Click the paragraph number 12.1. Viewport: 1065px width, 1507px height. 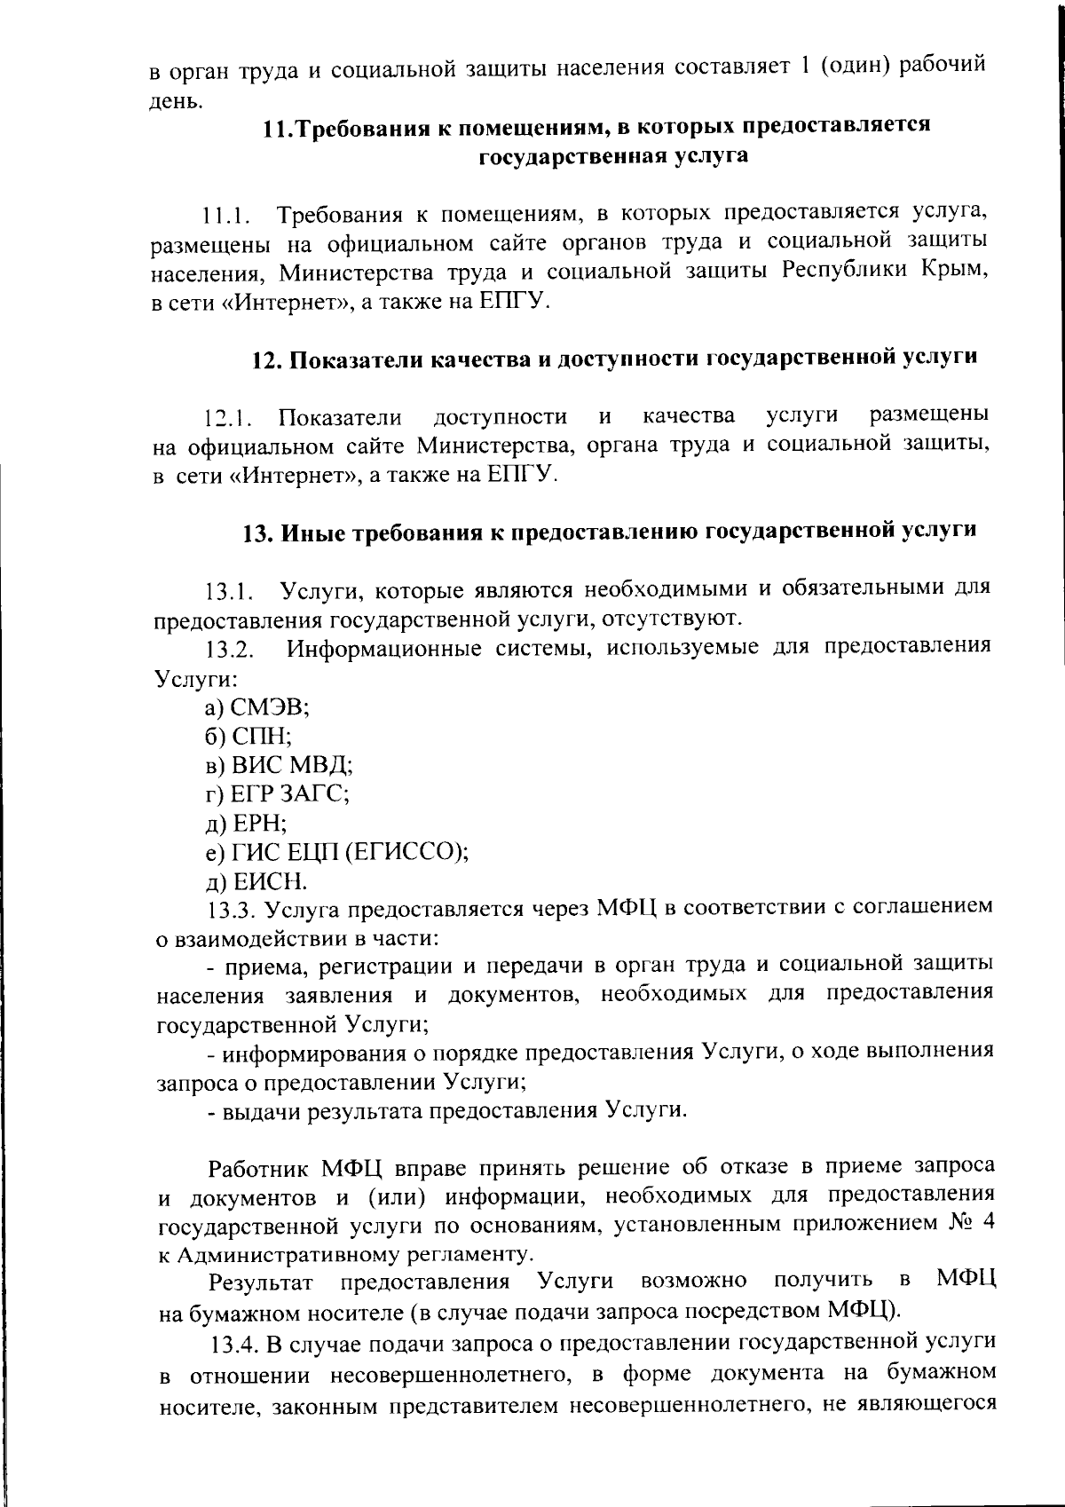pos(227,417)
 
